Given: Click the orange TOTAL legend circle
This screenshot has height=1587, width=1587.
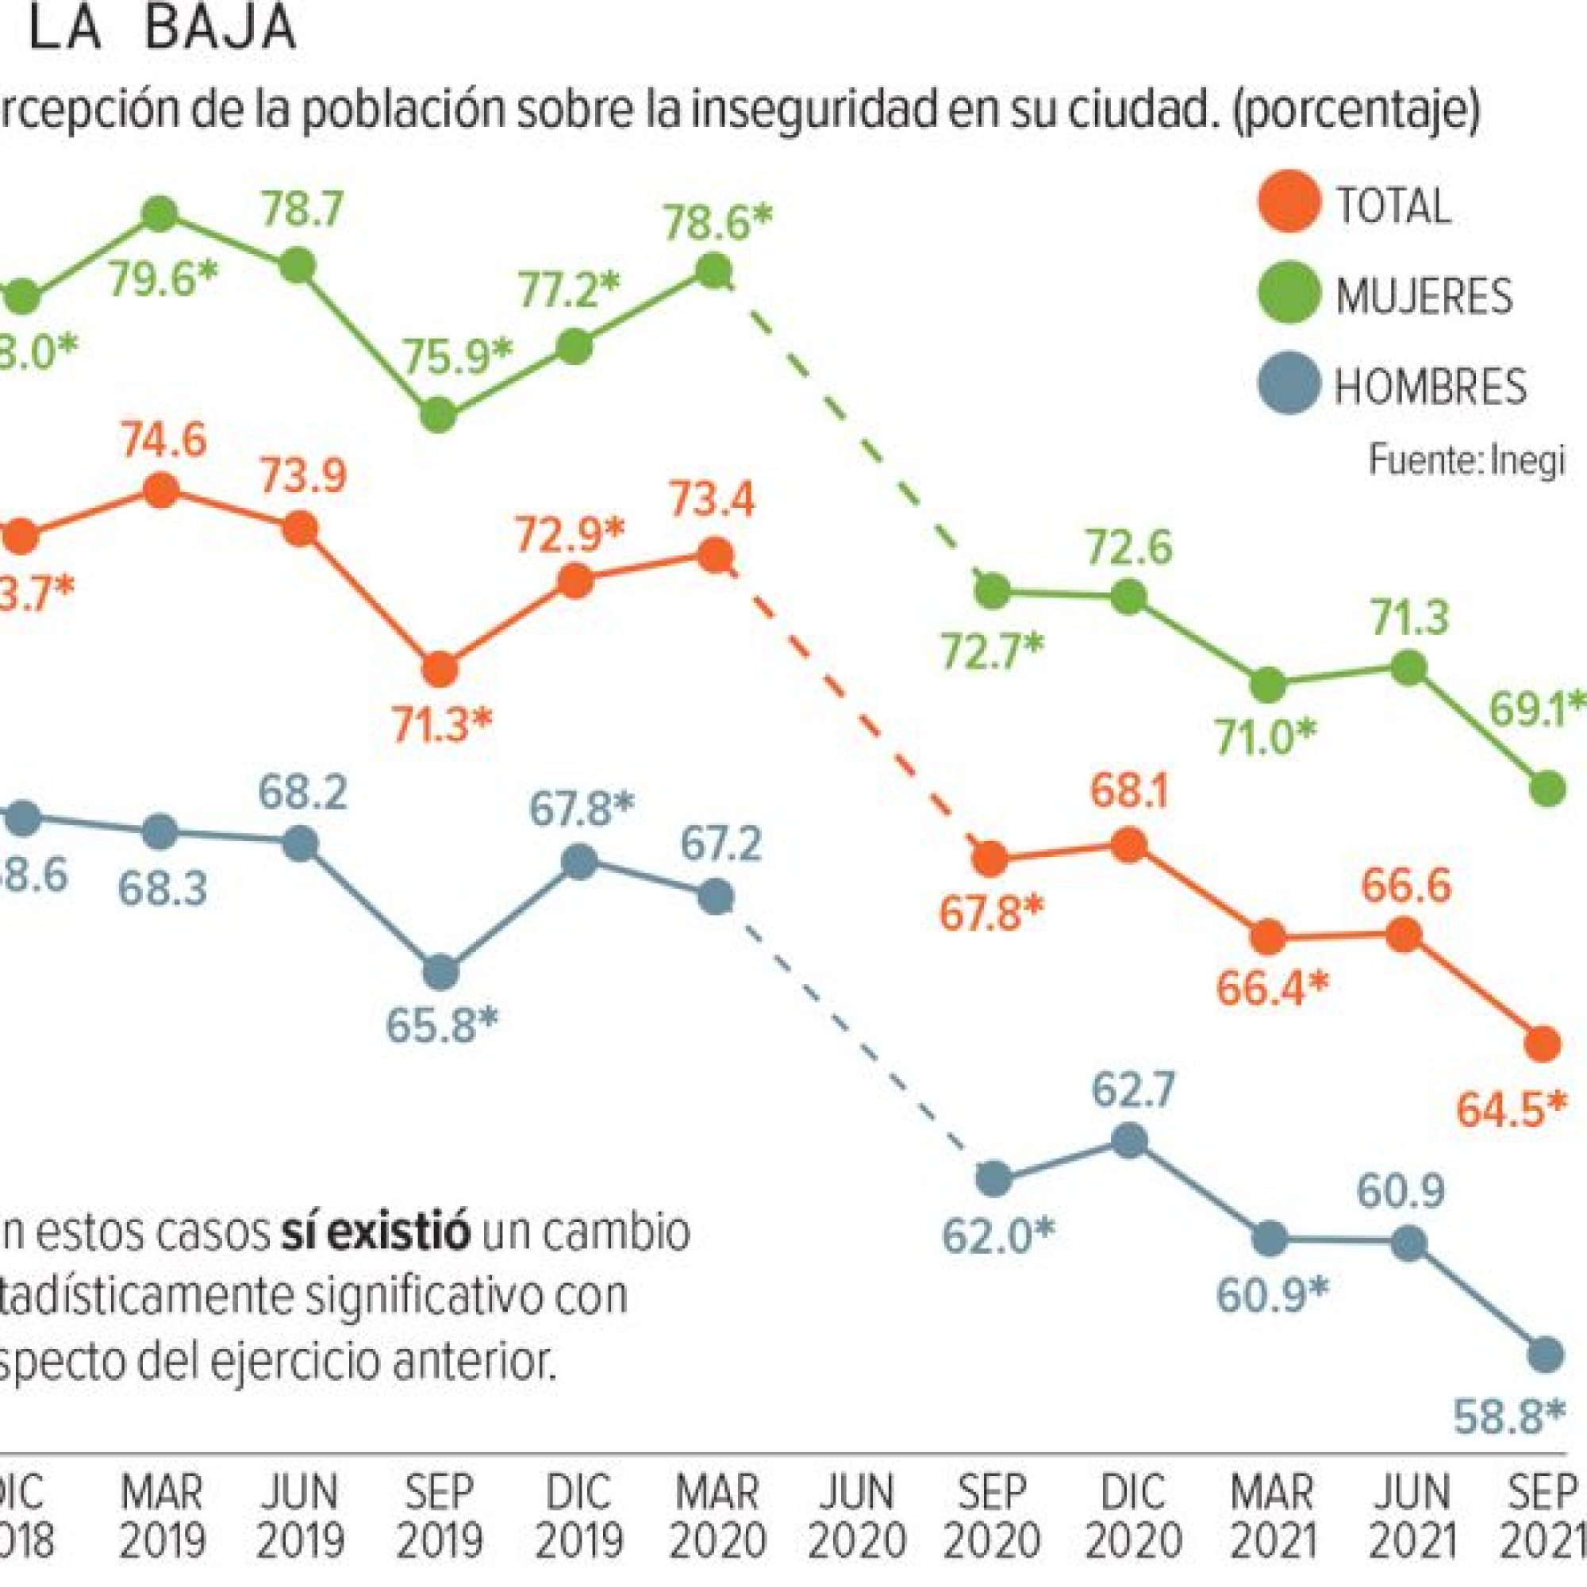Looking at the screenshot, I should coord(1289,202).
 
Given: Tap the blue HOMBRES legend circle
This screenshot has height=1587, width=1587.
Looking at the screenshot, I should coord(1289,383).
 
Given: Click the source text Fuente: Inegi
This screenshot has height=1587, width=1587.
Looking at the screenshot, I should coord(1466,460).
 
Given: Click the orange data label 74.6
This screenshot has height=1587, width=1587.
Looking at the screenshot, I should coord(163,441).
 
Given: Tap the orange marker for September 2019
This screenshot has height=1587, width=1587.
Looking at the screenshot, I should coord(440,670).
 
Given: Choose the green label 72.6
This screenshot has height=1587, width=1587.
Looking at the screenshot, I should coord(1129,548).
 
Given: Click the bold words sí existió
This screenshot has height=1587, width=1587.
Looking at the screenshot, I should coord(375,1234).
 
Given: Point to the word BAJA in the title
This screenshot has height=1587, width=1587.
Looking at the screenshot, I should coord(219,28).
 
